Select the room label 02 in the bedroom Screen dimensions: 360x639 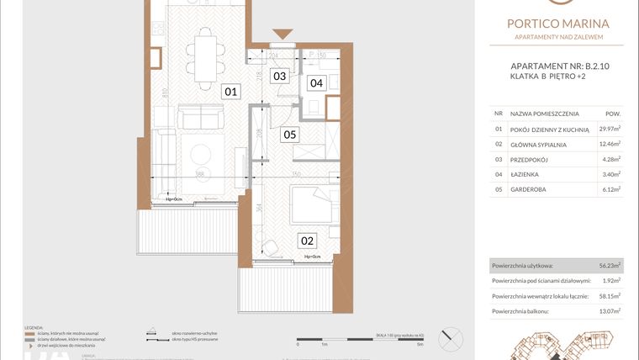tap(308, 240)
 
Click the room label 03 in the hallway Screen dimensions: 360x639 tap(280, 76)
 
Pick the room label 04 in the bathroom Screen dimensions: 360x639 tap(315, 82)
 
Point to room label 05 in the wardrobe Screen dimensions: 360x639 tap(289, 134)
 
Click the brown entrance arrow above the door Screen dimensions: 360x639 tap(283, 34)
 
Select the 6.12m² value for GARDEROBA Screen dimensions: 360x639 tap(610, 189)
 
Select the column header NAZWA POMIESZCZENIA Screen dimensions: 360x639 tap(547, 112)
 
